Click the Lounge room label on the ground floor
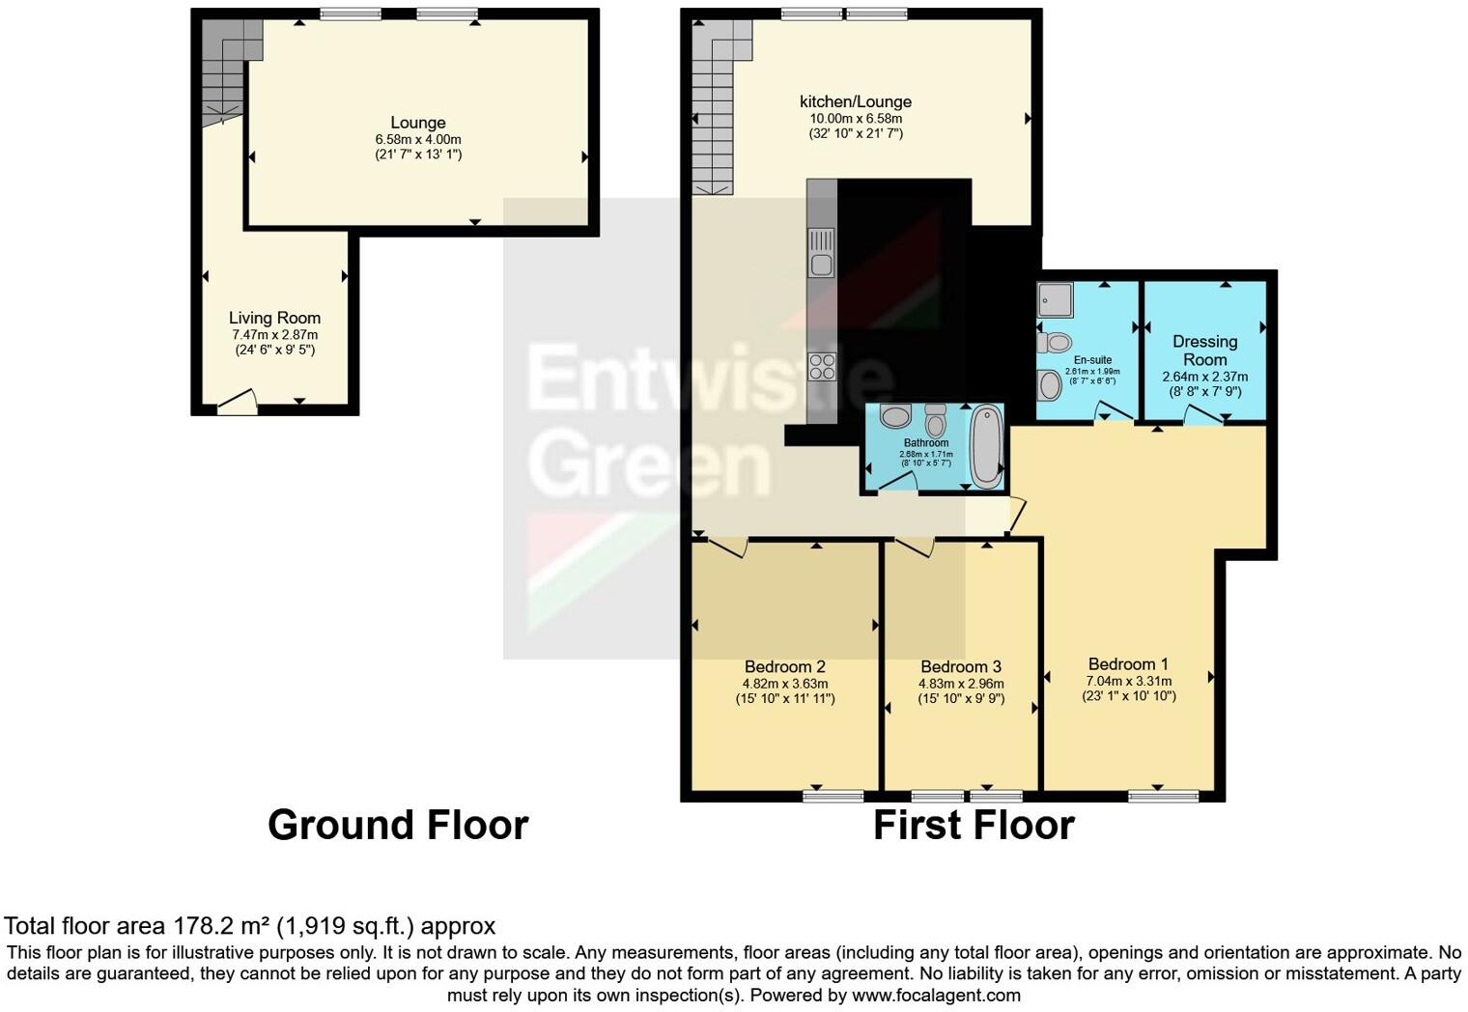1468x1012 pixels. coord(418,123)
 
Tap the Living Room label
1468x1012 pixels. coord(274,318)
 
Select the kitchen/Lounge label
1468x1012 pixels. coord(855,101)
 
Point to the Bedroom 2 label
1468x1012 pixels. coord(784,666)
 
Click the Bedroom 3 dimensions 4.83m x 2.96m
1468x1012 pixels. coord(961,684)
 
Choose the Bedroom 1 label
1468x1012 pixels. coord(1128,664)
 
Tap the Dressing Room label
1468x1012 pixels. coord(1204,351)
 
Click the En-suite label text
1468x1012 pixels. coord(1092,359)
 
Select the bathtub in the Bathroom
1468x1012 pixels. coord(986,447)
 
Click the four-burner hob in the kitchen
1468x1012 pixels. coord(822,366)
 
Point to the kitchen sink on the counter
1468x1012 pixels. coord(822,253)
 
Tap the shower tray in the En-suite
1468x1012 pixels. coord(1055,299)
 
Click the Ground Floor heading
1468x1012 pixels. coord(397,826)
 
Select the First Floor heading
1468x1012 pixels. coord(974,826)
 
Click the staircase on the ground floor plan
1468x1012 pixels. coord(224,72)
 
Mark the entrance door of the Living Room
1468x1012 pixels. coord(237,403)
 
